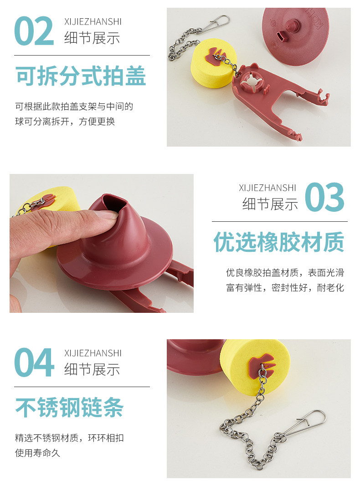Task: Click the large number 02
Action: coord(34,31)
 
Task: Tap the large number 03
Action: coord(324,197)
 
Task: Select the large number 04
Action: coord(34,362)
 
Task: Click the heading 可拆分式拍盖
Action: coord(81,76)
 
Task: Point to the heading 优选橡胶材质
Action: coord(279,241)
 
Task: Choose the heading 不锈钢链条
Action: coord(69,407)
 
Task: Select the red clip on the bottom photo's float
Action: coord(261,364)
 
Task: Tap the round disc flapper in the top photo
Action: coord(296,36)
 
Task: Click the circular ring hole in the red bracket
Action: coord(252,82)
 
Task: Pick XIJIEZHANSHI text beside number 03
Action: coord(267,188)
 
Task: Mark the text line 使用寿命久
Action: coord(37,453)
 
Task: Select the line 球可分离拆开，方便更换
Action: coord(65,121)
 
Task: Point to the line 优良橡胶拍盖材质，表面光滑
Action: coord(285,272)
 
